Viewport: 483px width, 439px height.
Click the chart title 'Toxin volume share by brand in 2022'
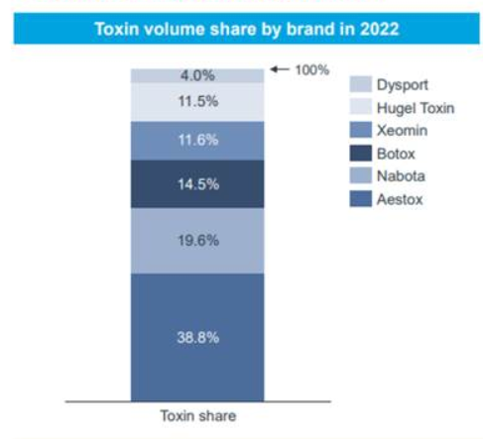coord(247,29)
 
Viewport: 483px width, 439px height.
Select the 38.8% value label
coord(198,338)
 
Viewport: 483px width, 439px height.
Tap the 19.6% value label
coord(198,241)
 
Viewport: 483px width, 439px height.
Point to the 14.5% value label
coord(198,184)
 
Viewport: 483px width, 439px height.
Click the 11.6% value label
coord(198,140)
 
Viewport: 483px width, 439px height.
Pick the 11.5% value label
coord(198,101)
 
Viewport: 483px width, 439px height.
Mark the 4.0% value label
coord(197,75)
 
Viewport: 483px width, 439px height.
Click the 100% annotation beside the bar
coord(312,70)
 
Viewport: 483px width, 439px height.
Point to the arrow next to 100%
coord(280,69)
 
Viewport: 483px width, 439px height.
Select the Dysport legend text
coord(403,85)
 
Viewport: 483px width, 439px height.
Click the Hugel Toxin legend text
coord(416,108)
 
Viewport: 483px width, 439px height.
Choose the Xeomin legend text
coord(402,131)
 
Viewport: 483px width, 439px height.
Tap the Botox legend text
coord(396,154)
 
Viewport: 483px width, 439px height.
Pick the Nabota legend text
coord(401,176)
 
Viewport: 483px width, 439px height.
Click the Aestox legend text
coord(400,199)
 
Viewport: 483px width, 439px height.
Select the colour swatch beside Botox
coord(361,154)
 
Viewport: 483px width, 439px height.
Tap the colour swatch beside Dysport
coord(361,84)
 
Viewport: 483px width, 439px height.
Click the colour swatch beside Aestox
coord(361,199)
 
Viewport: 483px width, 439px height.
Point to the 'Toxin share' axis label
coord(198,415)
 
